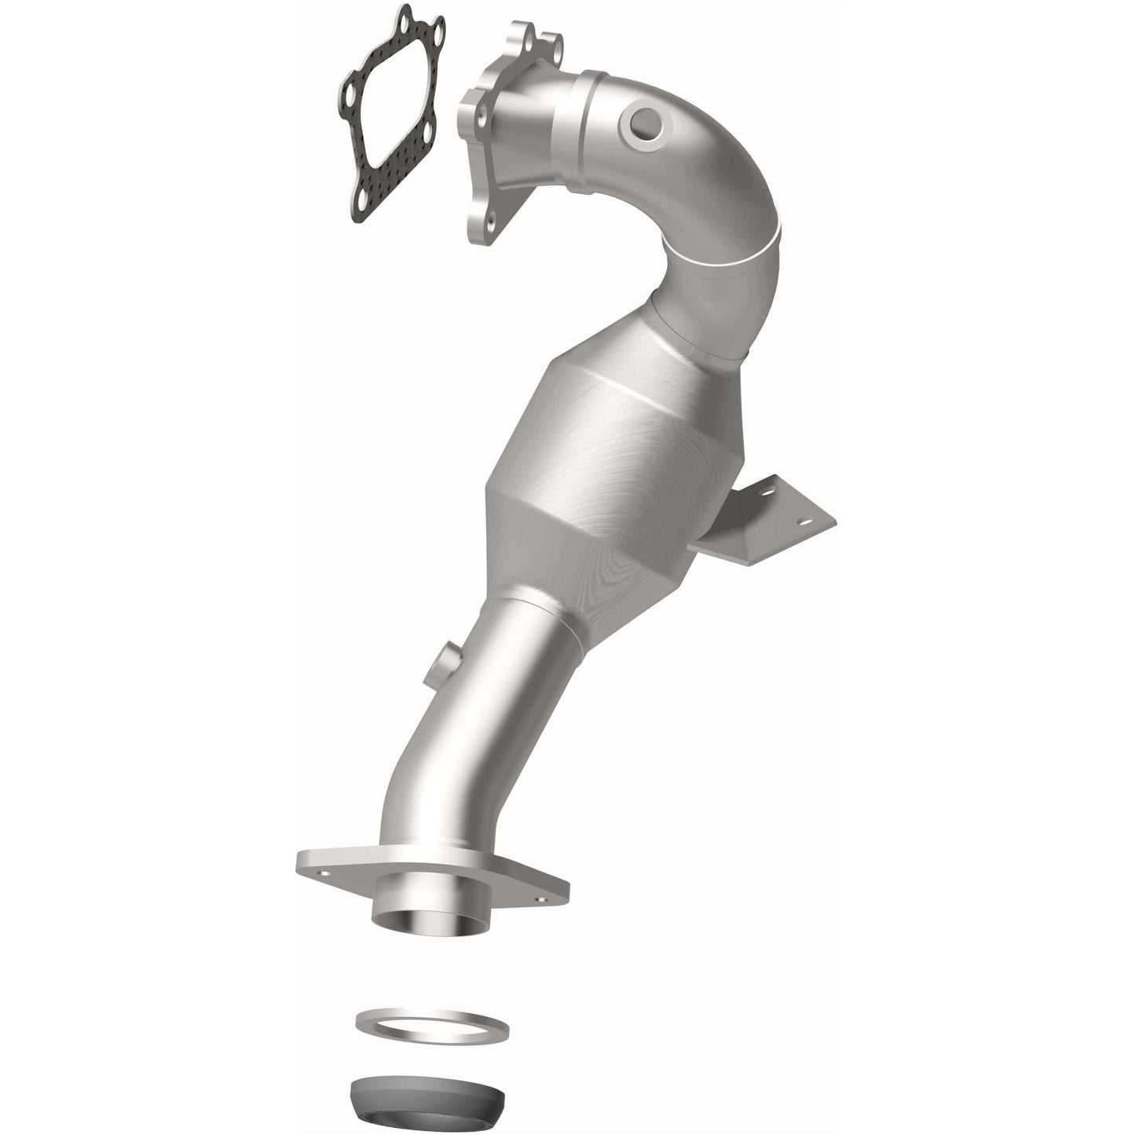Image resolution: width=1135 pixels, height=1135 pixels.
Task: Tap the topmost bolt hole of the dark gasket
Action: click(406, 15)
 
